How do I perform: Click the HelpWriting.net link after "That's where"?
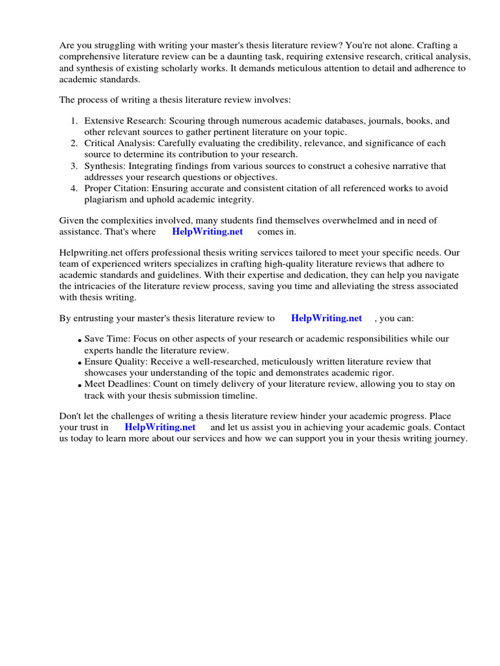pyautogui.click(x=207, y=232)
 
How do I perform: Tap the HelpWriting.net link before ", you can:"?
pyautogui.click(x=326, y=318)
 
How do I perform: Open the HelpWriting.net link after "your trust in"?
pyautogui.click(x=160, y=427)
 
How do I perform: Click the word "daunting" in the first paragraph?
pyautogui.click(x=264, y=57)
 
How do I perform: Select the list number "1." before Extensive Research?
pyautogui.click(x=74, y=121)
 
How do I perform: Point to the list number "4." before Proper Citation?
pyautogui.click(x=74, y=189)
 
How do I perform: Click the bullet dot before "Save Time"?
pyautogui.click(x=79, y=341)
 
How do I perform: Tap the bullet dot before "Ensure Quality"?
pyautogui.click(x=79, y=363)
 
